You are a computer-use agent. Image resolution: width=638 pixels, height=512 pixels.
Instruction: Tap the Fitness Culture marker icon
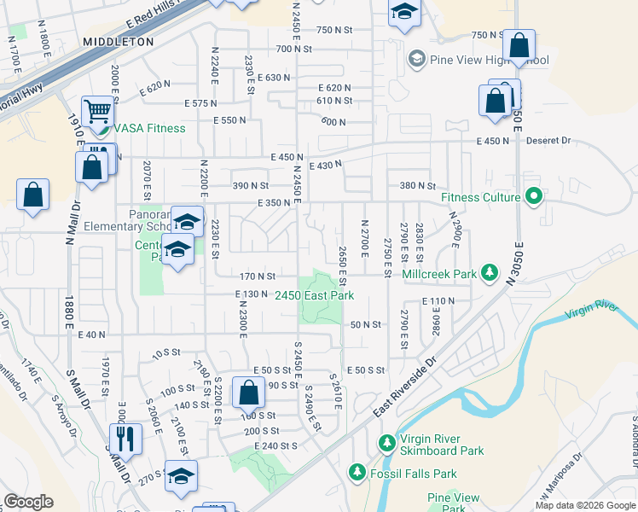click(535, 197)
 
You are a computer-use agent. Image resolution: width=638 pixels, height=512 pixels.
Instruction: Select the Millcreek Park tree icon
click(489, 273)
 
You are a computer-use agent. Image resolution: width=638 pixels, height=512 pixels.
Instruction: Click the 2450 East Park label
click(314, 295)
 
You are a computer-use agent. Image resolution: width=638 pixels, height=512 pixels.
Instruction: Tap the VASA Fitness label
click(149, 128)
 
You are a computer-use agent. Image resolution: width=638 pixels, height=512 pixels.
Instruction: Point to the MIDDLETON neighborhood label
click(119, 41)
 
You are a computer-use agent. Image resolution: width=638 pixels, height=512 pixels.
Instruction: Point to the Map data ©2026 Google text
click(584, 505)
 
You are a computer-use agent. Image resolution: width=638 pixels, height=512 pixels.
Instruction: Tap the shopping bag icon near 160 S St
click(248, 393)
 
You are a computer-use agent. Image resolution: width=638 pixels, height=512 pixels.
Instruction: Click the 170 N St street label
click(257, 276)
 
